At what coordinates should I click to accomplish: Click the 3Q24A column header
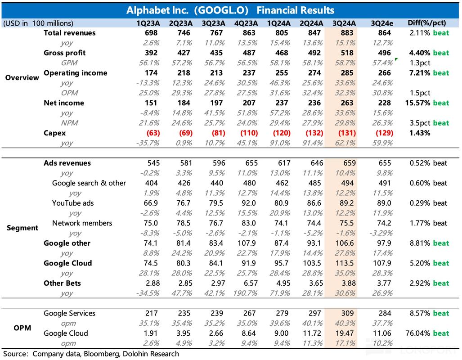pyautogui.click(x=344, y=23)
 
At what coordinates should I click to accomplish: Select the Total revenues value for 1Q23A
pyautogui.click(x=151, y=33)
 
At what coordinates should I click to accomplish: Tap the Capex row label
pyautogui.click(x=54, y=133)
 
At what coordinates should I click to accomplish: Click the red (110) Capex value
pyautogui.click(x=249, y=133)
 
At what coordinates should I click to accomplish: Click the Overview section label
pyautogui.click(x=22, y=77)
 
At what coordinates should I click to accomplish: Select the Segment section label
pyautogui.click(x=22, y=228)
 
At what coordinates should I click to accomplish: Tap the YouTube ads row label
pyautogui.click(x=73, y=203)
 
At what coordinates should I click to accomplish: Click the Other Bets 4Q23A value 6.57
pyautogui.click(x=251, y=283)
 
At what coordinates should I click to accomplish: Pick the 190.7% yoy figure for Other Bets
pyautogui.click(x=245, y=293)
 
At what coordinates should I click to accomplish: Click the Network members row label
pyautogui.click(x=82, y=223)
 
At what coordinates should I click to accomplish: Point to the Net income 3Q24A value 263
pyautogui.click(x=347, y=103)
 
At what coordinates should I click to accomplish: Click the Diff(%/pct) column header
pyautogui.click(x=426, y=23)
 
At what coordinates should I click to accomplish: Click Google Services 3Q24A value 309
pyautogui.click(x=348, y=313)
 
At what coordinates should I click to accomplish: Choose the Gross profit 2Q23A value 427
pyautogui.click(x=184, y=53)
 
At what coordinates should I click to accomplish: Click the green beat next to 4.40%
pyautogui.click(x=441, y=53)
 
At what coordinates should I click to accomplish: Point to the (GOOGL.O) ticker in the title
pyautogui.click(x=221, y=10)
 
